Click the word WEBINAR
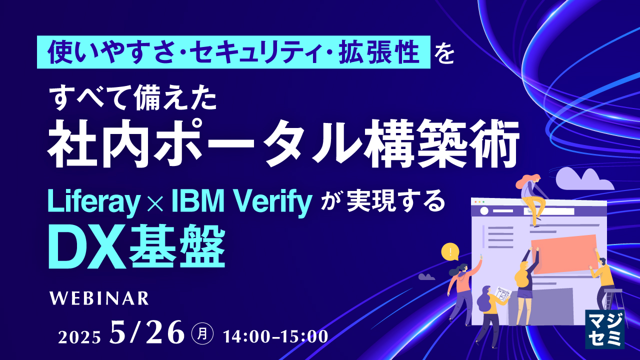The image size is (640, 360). pyautogui.click(x=99, y=298)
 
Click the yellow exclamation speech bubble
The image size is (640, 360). pyautogui.click(x=450, y=252)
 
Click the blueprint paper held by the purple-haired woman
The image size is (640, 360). pyautogui.click(x=501, y=294)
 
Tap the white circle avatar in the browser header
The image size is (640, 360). pyautogui.click(x=483, y=211)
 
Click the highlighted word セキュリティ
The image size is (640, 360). pyautogui.click(x=268, y=52)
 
